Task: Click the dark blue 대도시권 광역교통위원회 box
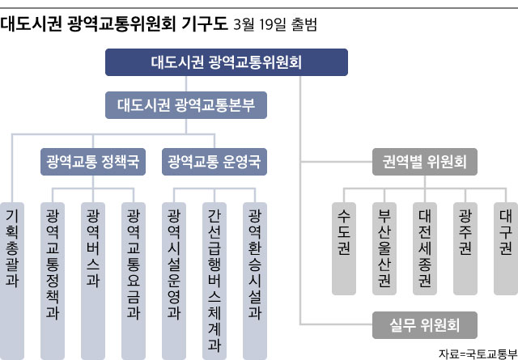(227, 62)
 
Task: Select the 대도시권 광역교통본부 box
(186, 105)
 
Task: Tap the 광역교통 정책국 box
(93, 162)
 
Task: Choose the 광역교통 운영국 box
(214, 162)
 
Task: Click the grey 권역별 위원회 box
(425, 162)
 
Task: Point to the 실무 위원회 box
(425, 325)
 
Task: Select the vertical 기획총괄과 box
(12, 281)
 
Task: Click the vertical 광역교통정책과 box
(53, 281)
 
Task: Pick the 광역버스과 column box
(93, 281)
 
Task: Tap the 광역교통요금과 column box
(134, 281)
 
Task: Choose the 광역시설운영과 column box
(174, 281)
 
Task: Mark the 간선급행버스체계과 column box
(214, 281)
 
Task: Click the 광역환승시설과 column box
(255, 281)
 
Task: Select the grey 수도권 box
(344, 248)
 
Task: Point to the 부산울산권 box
(384, 248)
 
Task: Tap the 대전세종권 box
(425, 248)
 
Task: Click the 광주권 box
(465, 248)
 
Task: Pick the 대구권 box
(506, 248)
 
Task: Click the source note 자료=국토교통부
(478, 354)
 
